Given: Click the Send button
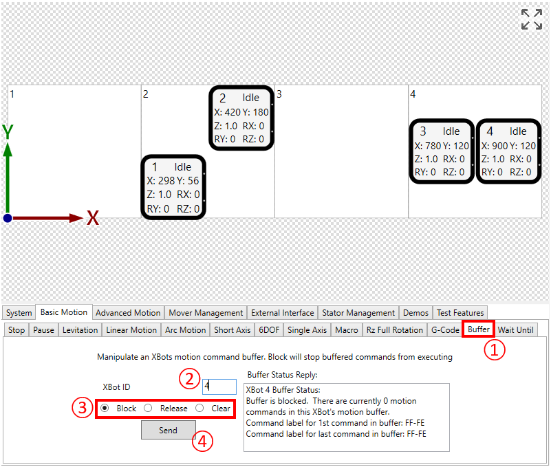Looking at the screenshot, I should click(168, 430).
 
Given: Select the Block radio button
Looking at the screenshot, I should click(105, 408).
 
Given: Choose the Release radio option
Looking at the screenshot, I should click(148, 408).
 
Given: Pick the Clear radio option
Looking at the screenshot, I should click(199, 408).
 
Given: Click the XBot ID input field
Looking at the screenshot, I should click(219, 387).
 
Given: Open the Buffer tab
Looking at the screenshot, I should click(478, 329).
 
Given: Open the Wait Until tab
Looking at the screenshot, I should click(515, 329).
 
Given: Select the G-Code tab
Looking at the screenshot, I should click(445, 329).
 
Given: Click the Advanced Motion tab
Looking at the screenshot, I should click(128, 312).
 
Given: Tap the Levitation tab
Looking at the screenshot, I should click(80, 329).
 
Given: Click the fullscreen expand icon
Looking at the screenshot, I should click(531, 19).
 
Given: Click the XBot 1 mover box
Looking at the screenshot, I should click(173, 187).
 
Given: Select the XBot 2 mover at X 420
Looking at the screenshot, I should click(241, 118).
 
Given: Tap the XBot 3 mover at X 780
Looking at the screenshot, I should click(441, 151).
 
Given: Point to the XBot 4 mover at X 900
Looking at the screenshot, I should click(508, 151).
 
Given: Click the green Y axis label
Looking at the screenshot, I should click(8, 131).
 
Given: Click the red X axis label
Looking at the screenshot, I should click(93, 219).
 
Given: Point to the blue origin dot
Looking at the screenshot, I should click(8, 218).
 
